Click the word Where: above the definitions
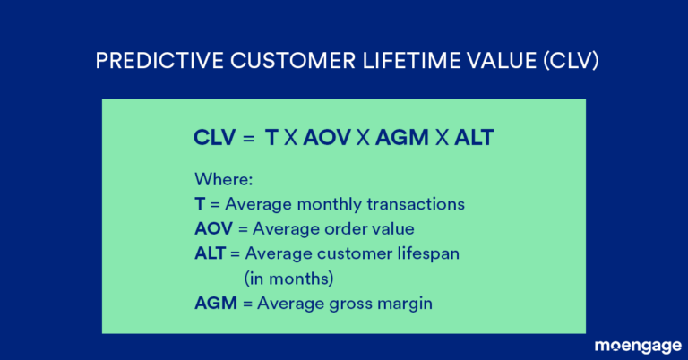pyautogui.click(x=220, y=179)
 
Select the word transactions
pyautogui.click(x=417, y=204)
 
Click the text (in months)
pyautogui.click(x=288, y=278)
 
